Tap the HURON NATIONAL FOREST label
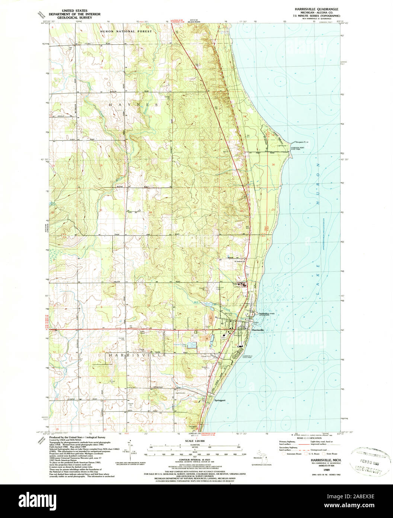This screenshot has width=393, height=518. (x=126, y=32)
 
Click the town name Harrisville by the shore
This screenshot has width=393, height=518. (x=258, y=330)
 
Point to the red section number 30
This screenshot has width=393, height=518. (x=273, y=164)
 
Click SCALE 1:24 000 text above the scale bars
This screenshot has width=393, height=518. (x=192, y=441)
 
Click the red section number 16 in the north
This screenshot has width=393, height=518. (x=101, y=67)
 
